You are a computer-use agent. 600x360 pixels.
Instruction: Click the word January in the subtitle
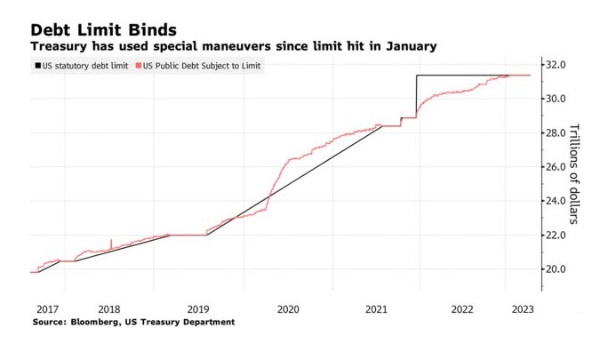point(405,45)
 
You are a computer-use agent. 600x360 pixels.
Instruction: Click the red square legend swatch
point(138,66)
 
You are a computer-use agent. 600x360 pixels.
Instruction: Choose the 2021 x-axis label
point(376,309)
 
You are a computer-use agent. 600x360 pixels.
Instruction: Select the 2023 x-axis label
point(523,309)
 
